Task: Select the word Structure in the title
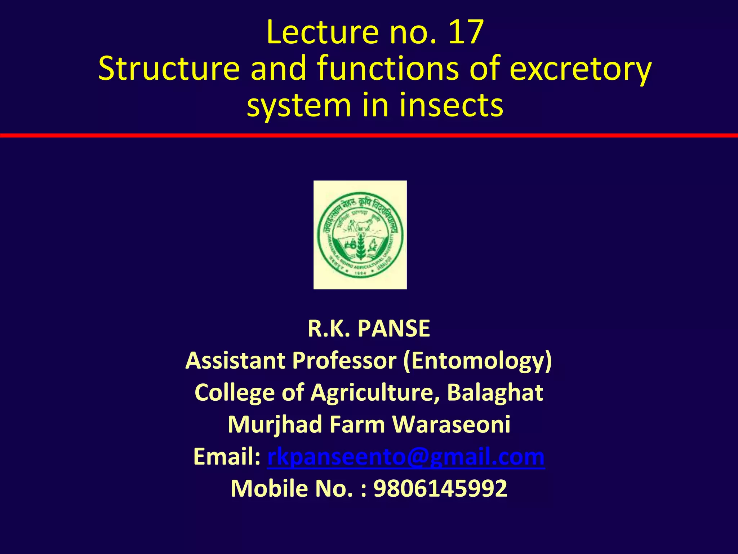click(169, 69)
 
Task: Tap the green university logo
click(360, 235)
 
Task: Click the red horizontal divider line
click(369, 135)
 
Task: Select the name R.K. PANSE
click(369, 329)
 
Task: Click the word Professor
click(344, 360)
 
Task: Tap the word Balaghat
click(495, 392)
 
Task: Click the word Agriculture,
click(375, 392)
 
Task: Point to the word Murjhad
click(275, 425)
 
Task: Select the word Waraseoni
click(451, 425)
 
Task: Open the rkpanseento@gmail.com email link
click(406, 457)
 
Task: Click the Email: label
click(227, 457)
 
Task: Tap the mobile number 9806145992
click(440, 488)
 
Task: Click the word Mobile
click(269, 488)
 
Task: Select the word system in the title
click(299, 105)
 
